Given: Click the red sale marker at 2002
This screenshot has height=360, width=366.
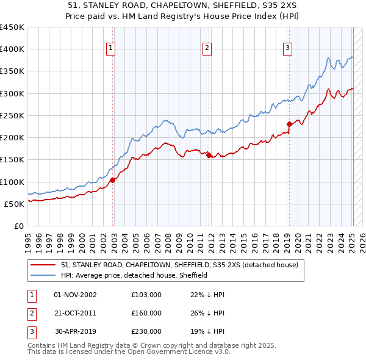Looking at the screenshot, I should (113, 180).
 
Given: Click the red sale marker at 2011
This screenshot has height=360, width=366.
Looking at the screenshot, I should (209, 155).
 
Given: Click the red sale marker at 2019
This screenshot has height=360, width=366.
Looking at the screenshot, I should (289, 124).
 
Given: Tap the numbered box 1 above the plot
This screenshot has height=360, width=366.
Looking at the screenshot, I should (111, 48).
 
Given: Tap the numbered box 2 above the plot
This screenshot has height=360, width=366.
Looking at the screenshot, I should (207, 48).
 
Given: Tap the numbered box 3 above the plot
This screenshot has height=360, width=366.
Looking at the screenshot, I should (287, 48).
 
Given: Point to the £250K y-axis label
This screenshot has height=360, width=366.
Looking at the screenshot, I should (12, 115).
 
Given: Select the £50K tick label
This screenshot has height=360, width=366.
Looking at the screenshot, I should (14, 204).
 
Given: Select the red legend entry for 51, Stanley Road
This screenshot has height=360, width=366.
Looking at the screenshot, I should (179, 265).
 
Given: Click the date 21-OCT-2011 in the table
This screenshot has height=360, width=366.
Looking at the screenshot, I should (75, 313).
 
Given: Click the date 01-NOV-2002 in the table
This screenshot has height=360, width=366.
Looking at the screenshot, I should (75, 295).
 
